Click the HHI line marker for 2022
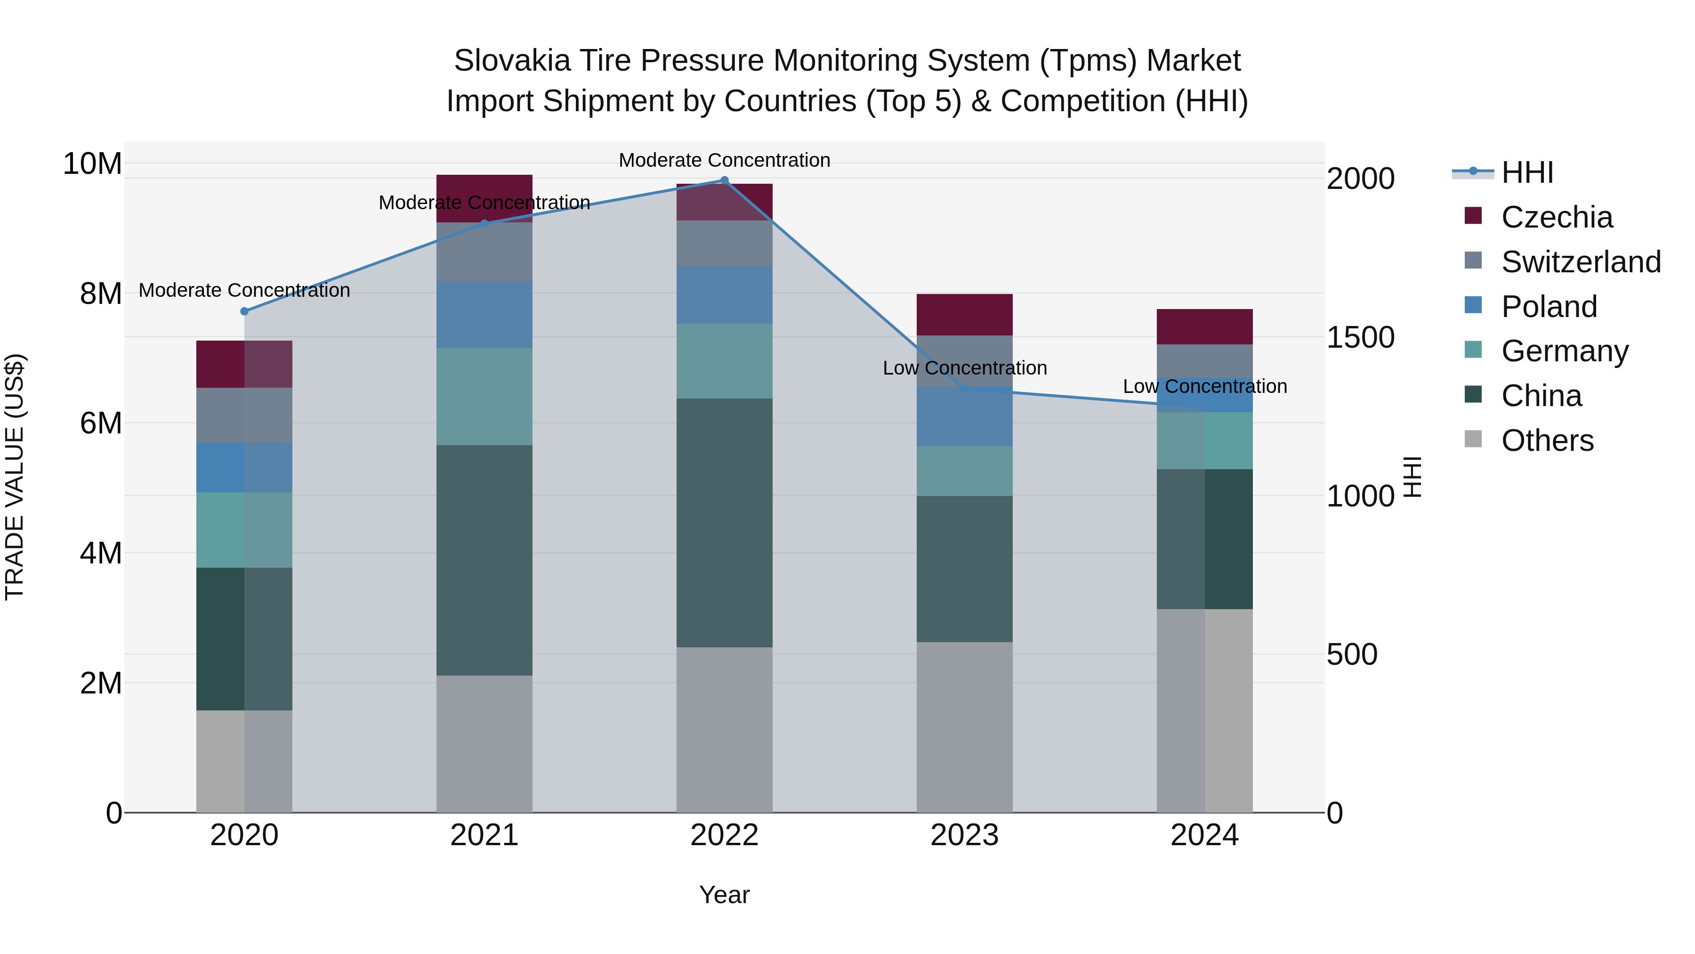coord(725,180)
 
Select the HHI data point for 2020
coord(244,311)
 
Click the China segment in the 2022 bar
coord(725,523)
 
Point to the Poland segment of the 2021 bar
coord(484,315)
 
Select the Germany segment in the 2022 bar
coord(725,361)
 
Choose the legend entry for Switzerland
coord(1581,262)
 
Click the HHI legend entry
coord(1526,172)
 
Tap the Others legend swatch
coord(1473,439)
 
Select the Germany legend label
coord(1565,351)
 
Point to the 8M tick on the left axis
coord(101,294)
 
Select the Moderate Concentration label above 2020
coord(244,290)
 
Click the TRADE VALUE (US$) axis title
coord(15,477)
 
